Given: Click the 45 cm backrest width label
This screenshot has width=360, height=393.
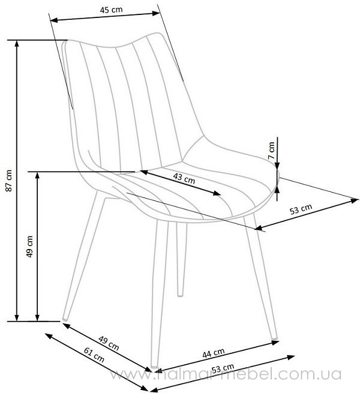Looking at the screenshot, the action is tap(112, 10).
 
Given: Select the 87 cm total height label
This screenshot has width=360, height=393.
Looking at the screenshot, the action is tap(9, 181).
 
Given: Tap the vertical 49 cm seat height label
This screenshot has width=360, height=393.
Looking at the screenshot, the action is tap(29, 247).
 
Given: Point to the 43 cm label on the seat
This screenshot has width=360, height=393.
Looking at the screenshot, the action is tap(184, 178).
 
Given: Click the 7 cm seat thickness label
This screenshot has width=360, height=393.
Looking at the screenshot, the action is tap(271, 151).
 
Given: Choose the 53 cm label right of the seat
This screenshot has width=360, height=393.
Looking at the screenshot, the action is tap(301, 209).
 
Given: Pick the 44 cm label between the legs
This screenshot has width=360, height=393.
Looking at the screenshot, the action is tap(214, 353).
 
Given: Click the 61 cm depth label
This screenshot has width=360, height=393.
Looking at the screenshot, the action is tap(94, 355).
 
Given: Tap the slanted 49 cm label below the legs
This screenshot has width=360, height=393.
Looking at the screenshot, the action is tap(109, 343).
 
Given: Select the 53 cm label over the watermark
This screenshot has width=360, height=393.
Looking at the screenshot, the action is tap(223, 368).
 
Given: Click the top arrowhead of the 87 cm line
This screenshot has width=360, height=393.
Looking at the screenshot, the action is tap(17, 44).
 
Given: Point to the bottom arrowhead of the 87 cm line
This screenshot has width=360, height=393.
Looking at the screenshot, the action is tap(17, 317).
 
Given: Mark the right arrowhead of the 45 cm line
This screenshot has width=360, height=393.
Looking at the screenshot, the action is tap(156, 13).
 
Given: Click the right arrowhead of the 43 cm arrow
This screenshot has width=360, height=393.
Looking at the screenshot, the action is tap(217, 193).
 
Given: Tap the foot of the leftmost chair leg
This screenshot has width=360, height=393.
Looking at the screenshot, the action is tap(65, 319).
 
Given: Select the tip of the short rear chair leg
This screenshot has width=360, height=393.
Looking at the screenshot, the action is tap(180, 295).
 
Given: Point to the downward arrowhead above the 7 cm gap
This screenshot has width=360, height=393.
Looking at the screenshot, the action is tap(277, 166).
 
